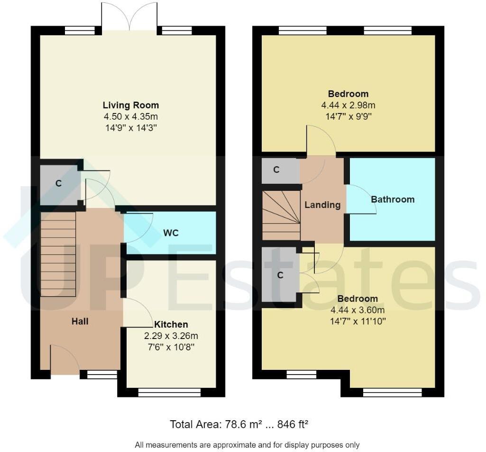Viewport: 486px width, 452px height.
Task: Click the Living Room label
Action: [x=131, y=105]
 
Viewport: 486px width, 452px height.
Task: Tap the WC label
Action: [x=171, y=233]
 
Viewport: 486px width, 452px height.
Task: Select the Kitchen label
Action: [x=171, y=325]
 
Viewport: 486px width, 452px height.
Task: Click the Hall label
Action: [x=80, y=321]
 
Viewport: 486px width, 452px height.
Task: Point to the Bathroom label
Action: [x=393, y=199]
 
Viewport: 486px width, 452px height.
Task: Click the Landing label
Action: [x=322, y=205]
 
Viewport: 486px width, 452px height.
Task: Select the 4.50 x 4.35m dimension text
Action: [x=131, y=116]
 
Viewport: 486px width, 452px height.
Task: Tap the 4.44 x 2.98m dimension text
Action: [x=348, y=105]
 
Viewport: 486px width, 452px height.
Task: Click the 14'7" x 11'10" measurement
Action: [x=358, y=321]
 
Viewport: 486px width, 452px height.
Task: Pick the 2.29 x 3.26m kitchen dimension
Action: [x=171, y=336]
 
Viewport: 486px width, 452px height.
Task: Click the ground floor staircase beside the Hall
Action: [x=58, y=254]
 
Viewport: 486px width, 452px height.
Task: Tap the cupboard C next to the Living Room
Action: [x=59, y=183]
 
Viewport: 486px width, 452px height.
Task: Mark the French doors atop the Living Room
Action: [x=129, y=17]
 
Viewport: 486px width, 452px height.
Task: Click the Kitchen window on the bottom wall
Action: [x=169, y=392]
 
